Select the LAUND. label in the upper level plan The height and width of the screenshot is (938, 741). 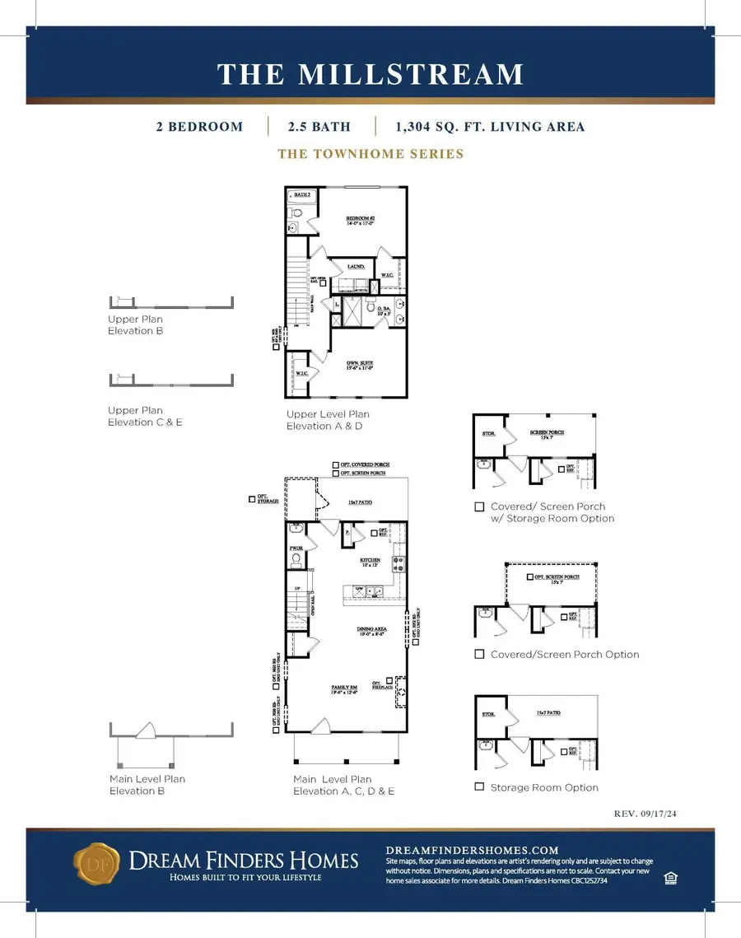tap(356, 267)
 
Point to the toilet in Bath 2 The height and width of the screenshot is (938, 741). tap(296, 213)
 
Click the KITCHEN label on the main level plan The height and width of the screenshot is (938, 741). tap(368, 559)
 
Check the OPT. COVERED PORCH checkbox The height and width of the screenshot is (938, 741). tap(335, 464)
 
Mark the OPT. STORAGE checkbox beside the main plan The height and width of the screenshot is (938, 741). tap(251, 498)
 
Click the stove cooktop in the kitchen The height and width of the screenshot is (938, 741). tap(398, 564)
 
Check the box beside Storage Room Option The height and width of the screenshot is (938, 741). tap(479, 786)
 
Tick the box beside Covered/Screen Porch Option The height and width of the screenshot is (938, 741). tap(479, 654)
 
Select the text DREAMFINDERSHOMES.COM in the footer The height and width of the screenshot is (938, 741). tap(472, 850)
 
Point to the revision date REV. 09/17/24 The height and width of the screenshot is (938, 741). tap(651, 813)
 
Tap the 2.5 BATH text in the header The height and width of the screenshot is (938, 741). tap(319, 127)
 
